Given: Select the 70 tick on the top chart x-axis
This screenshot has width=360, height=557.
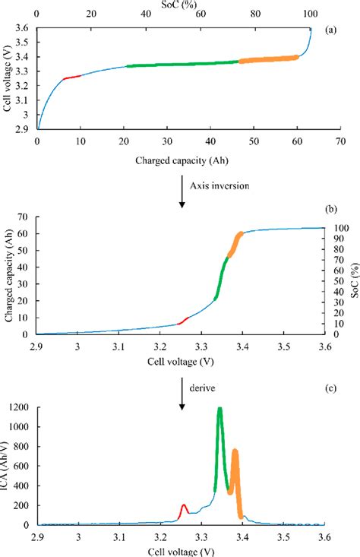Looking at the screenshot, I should (x=325, y=141).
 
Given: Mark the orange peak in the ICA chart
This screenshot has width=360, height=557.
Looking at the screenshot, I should (x=235, y=454).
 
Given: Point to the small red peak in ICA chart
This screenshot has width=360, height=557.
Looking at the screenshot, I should (x=184, y=506).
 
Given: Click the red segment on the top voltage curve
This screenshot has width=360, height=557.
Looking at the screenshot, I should (x=71, y=77).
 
